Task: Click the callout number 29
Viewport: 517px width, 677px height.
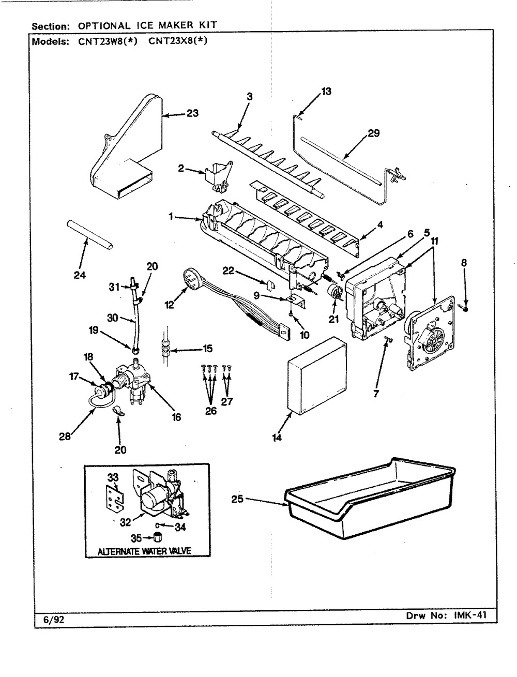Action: point(373,133)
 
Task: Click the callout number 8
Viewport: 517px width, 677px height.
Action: point(464,263)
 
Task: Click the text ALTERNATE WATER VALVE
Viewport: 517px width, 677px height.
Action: point(145,551)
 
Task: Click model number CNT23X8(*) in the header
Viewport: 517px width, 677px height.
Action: point(177,42)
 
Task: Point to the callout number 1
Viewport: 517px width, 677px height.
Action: point(171,218)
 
